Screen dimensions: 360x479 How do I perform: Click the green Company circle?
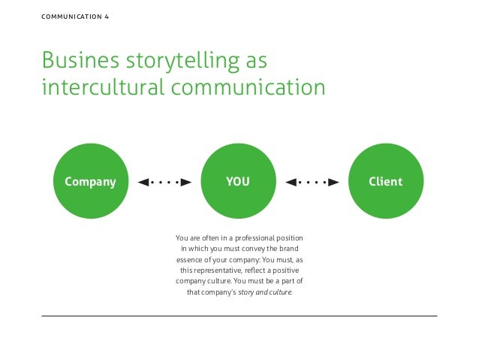click(x=90, y=181)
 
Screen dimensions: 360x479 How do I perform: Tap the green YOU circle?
click(x=238, y=181)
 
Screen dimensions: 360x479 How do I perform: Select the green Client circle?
click(x=385, y=181)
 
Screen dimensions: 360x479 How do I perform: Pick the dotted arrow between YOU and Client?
click(x=312, y=182)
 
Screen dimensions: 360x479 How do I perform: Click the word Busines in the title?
click(x=74, y=59)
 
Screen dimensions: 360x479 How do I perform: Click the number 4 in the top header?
click(x=106, y=16)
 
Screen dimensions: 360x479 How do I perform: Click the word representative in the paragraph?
click(x=222, y=269)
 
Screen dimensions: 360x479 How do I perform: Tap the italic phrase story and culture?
click(x=265, y=290)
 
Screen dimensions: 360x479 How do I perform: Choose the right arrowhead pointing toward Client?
click(x=334, y=182)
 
